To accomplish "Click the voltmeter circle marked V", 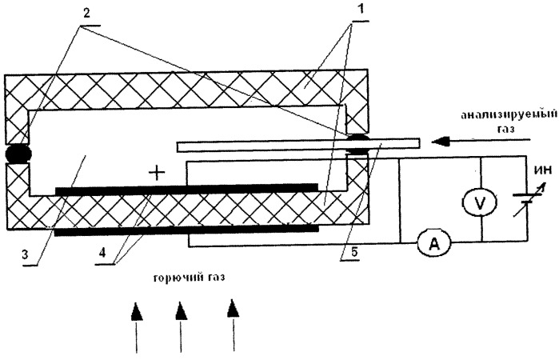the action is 481,203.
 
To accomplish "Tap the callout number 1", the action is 361,9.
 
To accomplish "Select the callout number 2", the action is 86,14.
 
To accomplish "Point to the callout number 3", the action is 25,254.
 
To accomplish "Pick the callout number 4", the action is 102,253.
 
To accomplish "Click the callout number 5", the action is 354,251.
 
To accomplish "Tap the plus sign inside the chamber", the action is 157,173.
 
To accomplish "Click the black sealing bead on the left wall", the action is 18,154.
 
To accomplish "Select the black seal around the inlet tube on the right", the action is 358,145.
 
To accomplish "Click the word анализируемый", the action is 509,115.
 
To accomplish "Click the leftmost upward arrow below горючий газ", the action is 137,327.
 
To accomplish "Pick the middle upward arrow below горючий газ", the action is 181,327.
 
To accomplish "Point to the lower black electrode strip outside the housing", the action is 186,230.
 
